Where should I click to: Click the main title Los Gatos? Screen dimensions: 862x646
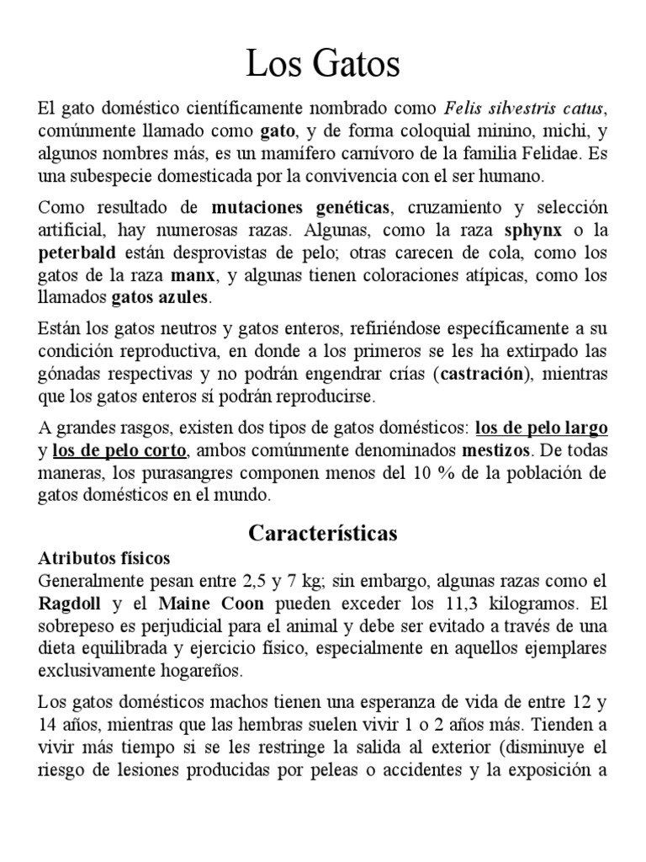coord(323,65)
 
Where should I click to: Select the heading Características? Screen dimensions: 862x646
coord(323,533)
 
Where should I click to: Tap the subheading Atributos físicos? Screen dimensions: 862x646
coord(104,558)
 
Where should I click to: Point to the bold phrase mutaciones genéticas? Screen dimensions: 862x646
coord(289,207)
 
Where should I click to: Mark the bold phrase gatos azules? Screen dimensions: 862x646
coord(161,298)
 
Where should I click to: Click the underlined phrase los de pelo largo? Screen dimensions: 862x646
coord(542,428)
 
